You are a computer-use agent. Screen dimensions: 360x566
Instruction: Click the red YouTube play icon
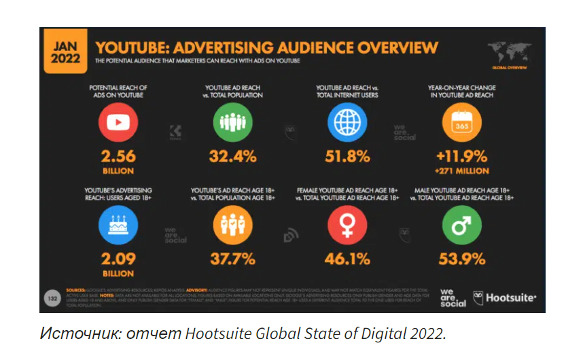coord(118,122)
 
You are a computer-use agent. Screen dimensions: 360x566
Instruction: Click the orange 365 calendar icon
coord(461,122)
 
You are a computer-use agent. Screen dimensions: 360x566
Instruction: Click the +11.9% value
coord(461,156)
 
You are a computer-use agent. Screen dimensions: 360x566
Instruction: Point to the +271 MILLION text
coord(461,171)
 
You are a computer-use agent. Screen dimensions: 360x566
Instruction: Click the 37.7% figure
coord(232,259)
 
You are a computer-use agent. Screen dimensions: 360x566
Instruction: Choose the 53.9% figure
coord(461,259)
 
